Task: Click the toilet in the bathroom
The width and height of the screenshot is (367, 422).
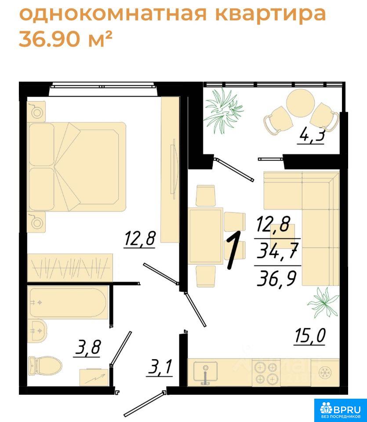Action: (x=45, y=365)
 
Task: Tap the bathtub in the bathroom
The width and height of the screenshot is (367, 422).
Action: (x=68, y=302)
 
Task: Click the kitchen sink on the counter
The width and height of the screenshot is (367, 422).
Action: (x=206, y=372)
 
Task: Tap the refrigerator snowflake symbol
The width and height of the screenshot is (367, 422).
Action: (x=325, y=372)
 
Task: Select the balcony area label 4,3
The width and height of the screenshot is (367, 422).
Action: (x=310, y=135)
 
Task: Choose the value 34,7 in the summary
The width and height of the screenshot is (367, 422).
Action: (x=277, y=251)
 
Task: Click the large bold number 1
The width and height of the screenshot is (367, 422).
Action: (x=233, y=250)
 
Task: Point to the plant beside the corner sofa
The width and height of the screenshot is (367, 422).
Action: (x=323, y=302)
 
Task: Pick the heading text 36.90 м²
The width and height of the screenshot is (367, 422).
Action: (x=65, y=39)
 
